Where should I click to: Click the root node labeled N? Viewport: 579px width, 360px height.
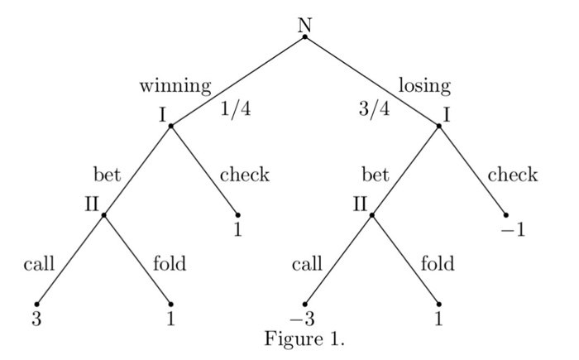(304, 24)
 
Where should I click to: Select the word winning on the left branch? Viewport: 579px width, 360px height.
(175, 85)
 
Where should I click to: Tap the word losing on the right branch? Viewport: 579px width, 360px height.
(424, 85)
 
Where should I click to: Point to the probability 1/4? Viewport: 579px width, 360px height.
(236, 111)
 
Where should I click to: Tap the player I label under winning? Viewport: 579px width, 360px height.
(163, 115)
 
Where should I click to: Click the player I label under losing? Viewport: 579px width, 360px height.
(447, 115)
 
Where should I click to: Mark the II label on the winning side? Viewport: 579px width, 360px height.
(92, 203)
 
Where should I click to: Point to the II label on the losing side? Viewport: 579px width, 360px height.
(360, 203)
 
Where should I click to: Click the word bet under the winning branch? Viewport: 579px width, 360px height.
(107, 175)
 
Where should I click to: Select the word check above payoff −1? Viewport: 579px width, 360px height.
(512, 175)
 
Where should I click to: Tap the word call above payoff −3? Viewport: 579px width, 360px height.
(307, 265)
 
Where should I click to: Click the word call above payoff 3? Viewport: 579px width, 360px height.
(39, 265)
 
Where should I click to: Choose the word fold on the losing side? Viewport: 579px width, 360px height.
(437, 265)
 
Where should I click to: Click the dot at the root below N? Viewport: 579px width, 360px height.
(304, 37)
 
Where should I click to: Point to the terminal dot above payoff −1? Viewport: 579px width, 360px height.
(505, 215)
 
